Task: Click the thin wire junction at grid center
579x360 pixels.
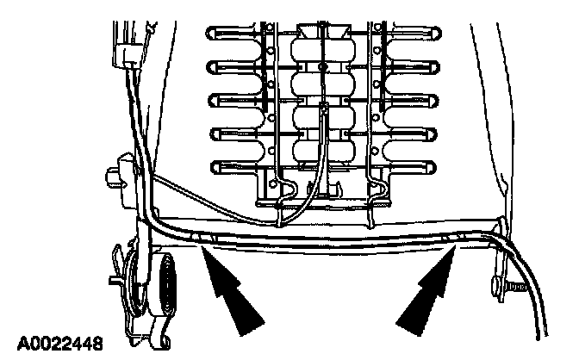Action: [x=322, y=107]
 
